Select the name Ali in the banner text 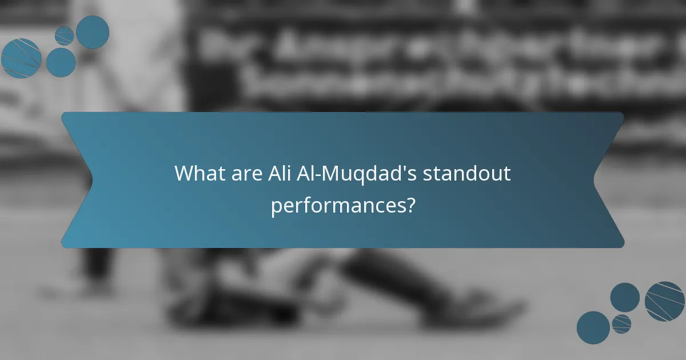pos(279,173)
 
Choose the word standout pos(467,173)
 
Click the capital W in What pos(184,173)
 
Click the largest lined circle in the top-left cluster pos(21,58)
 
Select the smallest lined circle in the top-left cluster pos(65,35)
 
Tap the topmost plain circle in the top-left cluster pos(93,32)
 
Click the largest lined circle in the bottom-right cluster pos(665,301)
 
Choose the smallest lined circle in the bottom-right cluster pos(621,323)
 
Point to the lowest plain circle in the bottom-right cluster pos(593,328)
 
